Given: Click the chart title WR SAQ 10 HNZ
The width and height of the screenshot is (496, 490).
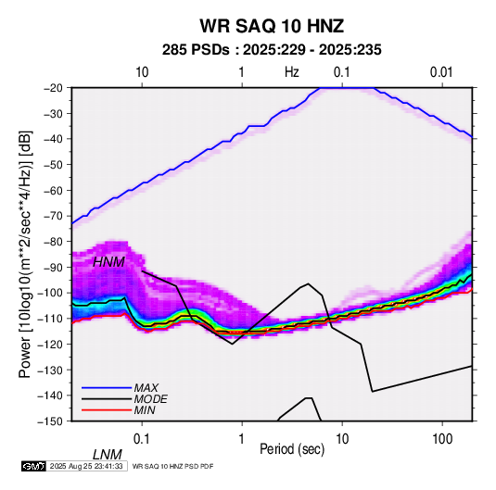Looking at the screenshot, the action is pos(272,26).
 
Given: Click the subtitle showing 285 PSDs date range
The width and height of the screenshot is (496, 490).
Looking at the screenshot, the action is pos(272,50).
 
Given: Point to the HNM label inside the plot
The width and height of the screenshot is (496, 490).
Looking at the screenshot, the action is pos(108,262).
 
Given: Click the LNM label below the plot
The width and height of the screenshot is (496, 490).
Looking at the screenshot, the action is pos(108,455).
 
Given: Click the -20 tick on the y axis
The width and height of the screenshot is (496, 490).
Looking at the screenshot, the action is pos(53,88).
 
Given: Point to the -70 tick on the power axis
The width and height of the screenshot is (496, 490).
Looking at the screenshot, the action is pos(53,216).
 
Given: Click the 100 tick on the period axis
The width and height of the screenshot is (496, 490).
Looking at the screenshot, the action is pos(442,439).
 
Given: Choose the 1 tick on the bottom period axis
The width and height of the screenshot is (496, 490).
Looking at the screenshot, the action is pos(242,439).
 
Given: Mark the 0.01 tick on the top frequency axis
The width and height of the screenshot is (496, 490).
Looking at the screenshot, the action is pos(441,72).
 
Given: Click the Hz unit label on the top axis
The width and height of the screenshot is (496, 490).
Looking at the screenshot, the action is pos(292,72).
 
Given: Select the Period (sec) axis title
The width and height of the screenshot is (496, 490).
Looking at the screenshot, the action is pos(292,449).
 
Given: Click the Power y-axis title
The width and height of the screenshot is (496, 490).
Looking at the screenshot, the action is pos(25,254).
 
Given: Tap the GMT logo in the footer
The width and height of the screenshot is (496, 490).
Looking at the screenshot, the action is pos(33,466).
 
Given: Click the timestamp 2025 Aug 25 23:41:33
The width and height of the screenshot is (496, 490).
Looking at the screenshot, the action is pos(86,466).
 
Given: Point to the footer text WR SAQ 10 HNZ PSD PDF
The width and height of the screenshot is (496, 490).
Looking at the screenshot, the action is pos(172,466).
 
